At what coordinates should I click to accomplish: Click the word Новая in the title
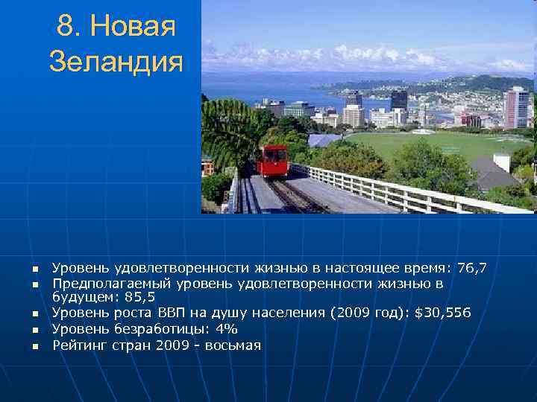click(132, 28)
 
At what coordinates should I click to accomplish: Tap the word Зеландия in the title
click(116, 62)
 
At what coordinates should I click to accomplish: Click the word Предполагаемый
click(111, 284)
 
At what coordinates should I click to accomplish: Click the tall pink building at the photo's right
click(516, 108)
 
